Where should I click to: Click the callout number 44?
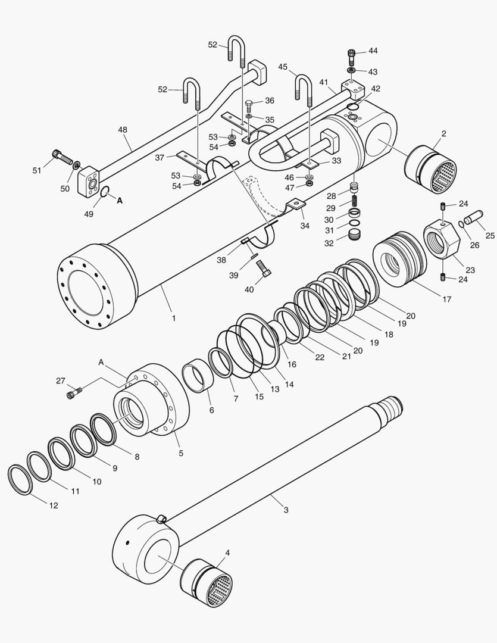click(x=373, y=51)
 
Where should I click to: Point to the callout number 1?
click(x=174, y=319)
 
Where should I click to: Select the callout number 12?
click(x=54, y=505)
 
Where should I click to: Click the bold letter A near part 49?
click(x=120, y=201)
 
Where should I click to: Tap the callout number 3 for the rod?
click(x=286, y=510)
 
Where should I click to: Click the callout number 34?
click(x=304, y=226)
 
